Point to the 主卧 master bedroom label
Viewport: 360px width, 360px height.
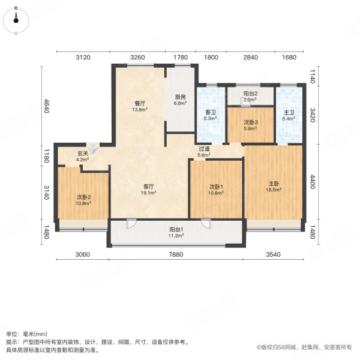pyautogui.click(x=273, y=186)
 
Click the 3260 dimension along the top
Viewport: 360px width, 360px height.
pyautogui.click(x=137, y=58)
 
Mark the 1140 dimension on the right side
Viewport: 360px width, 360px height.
pyautogui.click(x=312, y=75)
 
